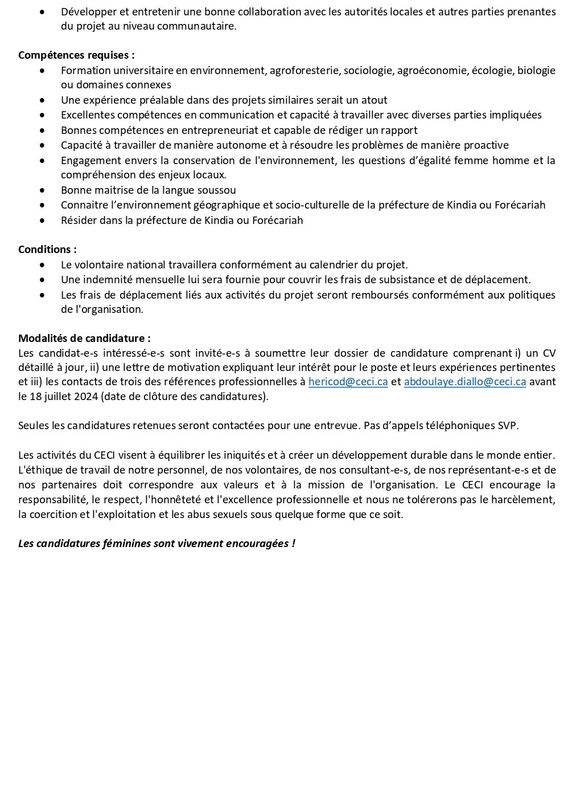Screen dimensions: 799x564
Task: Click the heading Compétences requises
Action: [76, 55]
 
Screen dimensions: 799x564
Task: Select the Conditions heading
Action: [47, 250]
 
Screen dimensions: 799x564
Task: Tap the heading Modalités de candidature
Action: [84, 339]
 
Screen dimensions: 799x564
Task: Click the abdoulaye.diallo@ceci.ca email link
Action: [464, 382]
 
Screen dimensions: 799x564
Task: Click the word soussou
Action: [217, 190]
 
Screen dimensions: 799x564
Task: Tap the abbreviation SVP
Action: [508, 426]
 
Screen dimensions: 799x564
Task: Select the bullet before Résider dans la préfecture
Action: [42, 220]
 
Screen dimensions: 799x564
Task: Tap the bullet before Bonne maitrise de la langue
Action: [42, 190]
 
